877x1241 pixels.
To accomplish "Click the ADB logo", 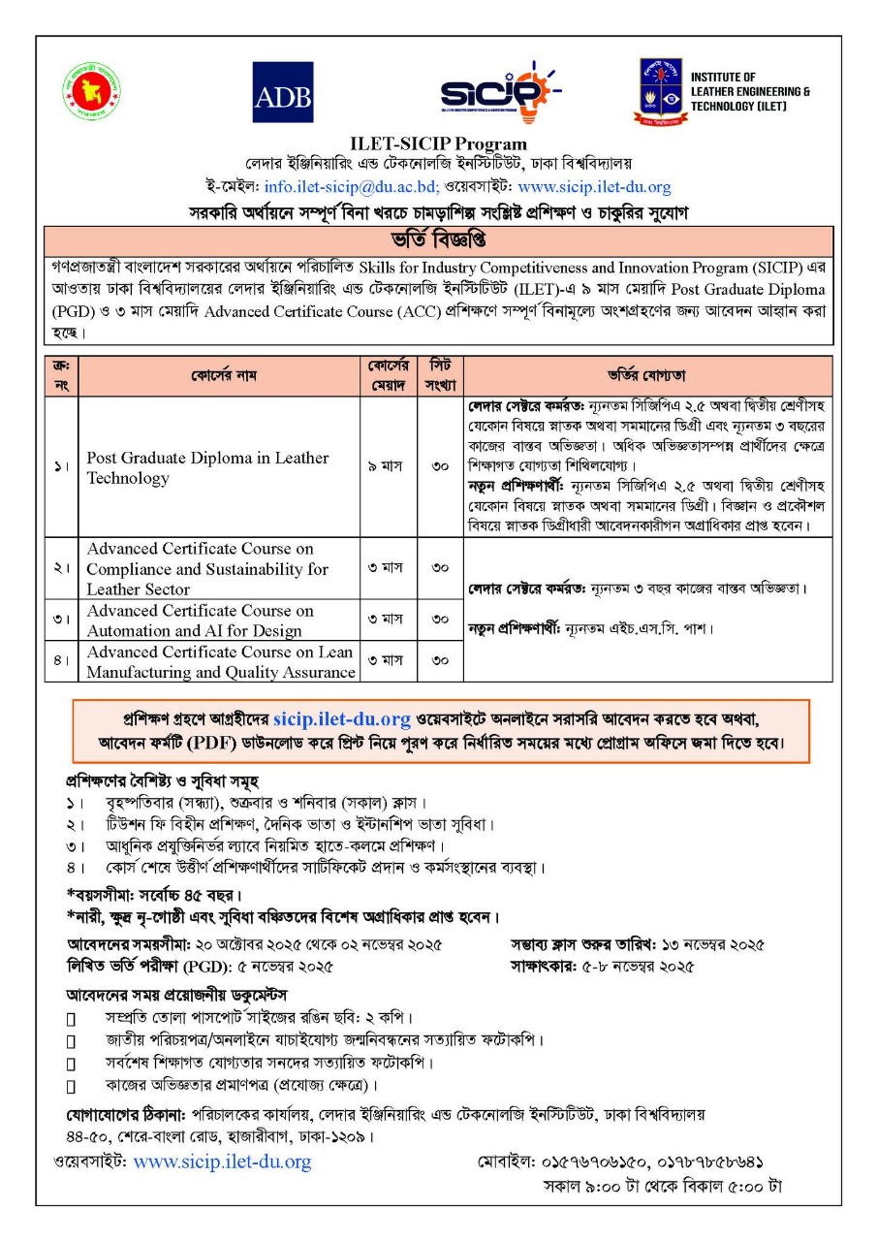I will point(283,92).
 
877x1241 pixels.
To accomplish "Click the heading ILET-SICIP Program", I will point(438,144).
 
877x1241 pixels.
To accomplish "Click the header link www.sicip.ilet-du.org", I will point(594,187).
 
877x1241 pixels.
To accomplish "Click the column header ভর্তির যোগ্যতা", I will point(647,375).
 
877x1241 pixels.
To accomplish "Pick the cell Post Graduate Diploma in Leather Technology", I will point(207,467).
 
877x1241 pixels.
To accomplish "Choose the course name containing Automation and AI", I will point(200,620).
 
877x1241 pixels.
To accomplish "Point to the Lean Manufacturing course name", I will point(220,662).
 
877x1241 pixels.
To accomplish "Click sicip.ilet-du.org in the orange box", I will point(342,718).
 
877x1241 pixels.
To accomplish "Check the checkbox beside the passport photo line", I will point(71,1019).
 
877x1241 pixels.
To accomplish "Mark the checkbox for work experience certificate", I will point(71,1085).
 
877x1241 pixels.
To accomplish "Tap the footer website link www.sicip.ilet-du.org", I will point(222,1161).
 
